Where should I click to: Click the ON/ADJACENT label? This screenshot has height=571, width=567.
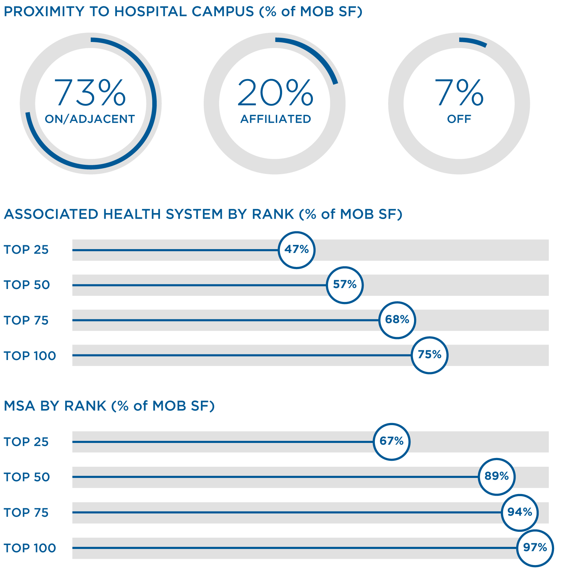click(90, 119)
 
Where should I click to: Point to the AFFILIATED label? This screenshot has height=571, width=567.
click(275, 119)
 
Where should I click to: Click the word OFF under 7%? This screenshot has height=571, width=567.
click(459, 119)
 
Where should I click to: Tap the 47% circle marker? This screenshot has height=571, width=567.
click(296, 250)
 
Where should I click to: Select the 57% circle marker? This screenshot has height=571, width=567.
click(345, 285)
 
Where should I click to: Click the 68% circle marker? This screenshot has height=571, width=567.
click(397, 320)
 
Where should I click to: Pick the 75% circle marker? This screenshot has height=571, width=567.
click(429, 355)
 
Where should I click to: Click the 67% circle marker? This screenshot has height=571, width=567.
click(391, 442)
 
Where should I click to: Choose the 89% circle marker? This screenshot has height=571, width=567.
click(496, 477)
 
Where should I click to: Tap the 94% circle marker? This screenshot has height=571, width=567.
click(519, 512)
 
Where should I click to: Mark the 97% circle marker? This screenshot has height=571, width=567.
click(535, 548)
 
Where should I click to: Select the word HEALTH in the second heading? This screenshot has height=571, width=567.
click(133, 214)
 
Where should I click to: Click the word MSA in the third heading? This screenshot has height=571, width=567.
click(20, 406)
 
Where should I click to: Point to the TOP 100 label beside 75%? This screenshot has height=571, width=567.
click(30, 356)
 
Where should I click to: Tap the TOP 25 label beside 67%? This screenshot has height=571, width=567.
click(26, 442)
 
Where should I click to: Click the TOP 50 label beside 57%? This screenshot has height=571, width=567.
click(27, 285)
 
